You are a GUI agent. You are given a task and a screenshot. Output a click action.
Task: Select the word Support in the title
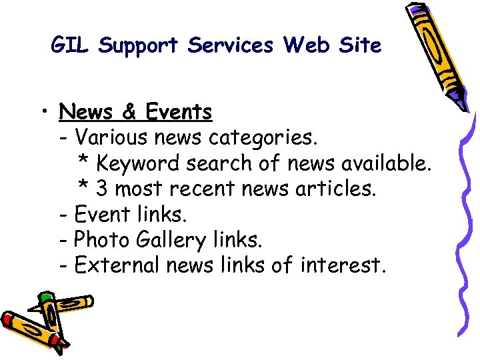[x=139, y=46]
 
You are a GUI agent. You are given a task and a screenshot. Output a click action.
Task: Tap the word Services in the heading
[x=231, y=45]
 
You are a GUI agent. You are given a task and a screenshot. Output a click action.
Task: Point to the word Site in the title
[x=359, y=45]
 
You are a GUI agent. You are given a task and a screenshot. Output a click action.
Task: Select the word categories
[x=264, y=138]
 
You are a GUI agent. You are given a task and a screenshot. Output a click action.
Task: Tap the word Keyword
[x=138, y=163]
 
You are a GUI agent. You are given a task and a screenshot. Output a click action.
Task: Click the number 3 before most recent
[x=102, y=189]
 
